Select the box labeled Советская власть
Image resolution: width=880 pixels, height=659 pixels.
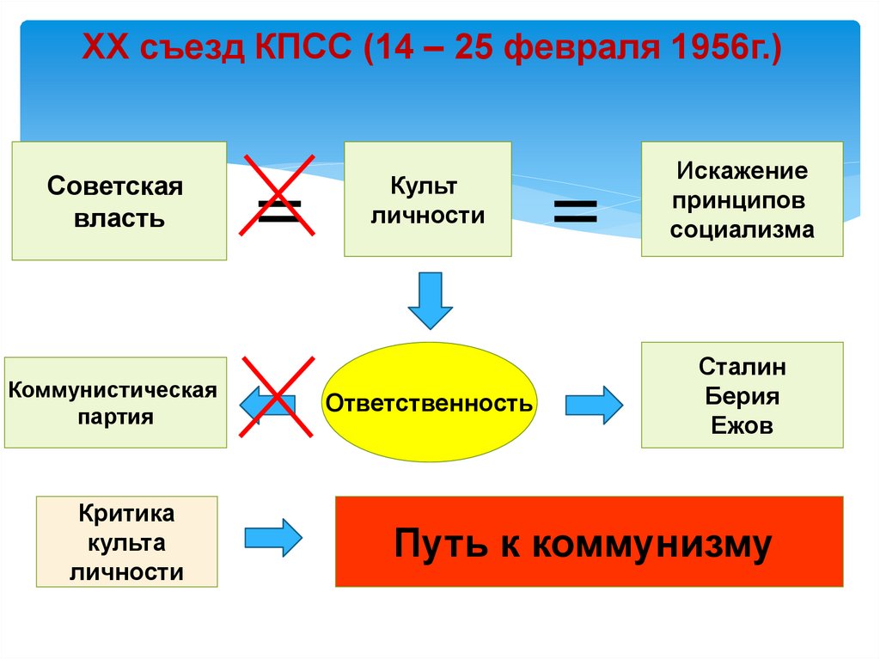[119, 201]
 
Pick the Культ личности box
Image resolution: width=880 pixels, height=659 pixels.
[427, 200]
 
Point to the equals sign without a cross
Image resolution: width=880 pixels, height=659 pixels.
[575, 210]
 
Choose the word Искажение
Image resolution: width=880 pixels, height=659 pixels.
[742, 170]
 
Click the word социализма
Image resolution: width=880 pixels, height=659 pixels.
[742, 230]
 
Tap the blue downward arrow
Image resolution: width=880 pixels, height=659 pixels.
[430, 300]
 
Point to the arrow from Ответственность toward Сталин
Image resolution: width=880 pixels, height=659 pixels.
[593, 404]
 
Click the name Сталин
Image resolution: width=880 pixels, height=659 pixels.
[742, 368]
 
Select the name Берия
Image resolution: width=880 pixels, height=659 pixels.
[742, 397]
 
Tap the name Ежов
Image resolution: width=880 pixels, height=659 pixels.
[742, 426]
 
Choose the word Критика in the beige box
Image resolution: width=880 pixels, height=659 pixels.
[126, 514]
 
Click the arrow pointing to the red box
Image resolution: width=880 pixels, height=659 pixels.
[273, 538]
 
